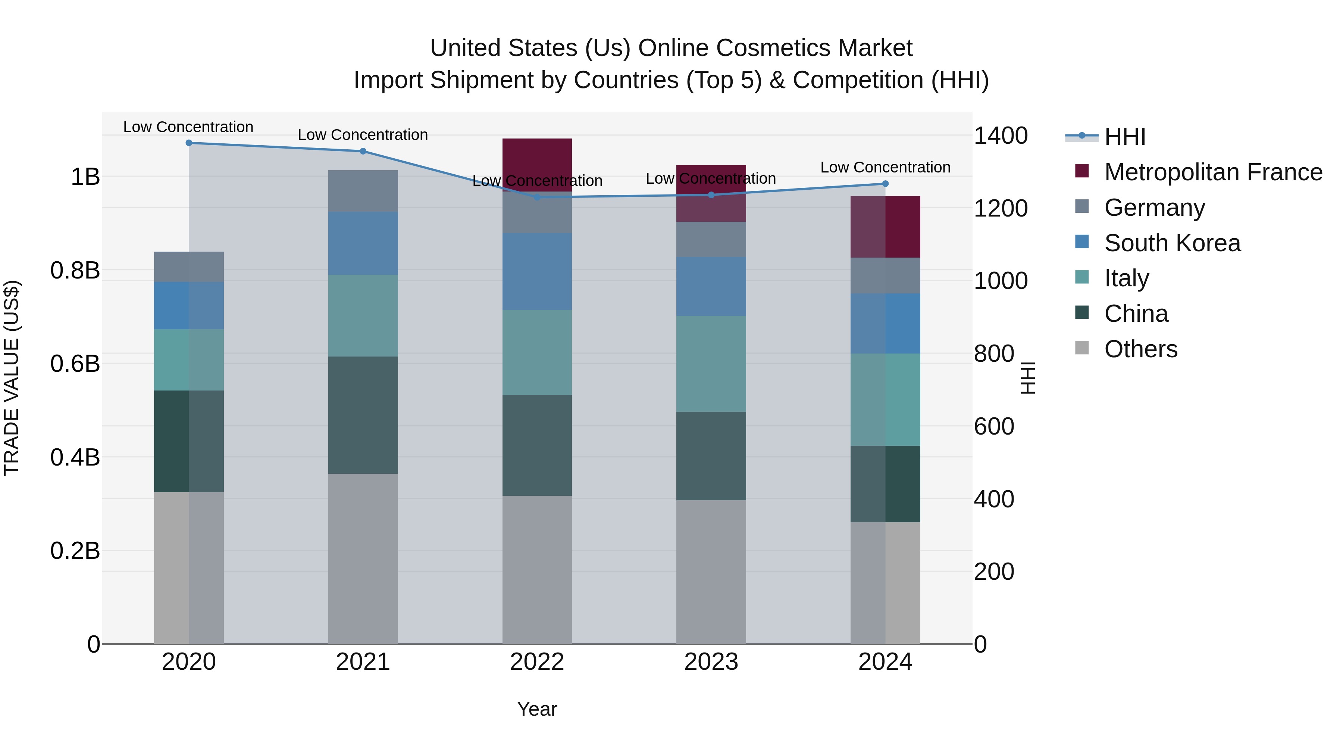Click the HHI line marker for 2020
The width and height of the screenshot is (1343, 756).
(x=189, y=143)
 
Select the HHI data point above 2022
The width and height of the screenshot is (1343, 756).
(x=537, y=197)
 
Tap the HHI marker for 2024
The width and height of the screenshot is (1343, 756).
(x=885, y=184)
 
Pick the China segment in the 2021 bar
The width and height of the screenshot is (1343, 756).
(x=363, y=415)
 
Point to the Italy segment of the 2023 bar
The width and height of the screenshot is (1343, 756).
(x=711, y=364)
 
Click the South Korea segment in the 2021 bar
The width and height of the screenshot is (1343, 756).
(x=363, y=243)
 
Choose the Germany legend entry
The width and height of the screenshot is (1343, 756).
(x=1154, y=208)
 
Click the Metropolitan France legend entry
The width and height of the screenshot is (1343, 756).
(x=1213, y=172)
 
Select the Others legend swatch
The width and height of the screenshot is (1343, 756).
(x=1082, y=348)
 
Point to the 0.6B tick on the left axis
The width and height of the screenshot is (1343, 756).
(x=75, y=364)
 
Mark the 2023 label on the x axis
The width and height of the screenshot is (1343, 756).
(x=711, y=662)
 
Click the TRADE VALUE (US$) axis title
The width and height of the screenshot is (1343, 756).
(x=12, y=378)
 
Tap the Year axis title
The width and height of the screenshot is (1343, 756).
(x=537, y=709)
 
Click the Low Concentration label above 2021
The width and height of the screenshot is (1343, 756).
(x=363, y=135)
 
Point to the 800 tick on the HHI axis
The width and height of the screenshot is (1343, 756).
(x=994, y=354)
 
